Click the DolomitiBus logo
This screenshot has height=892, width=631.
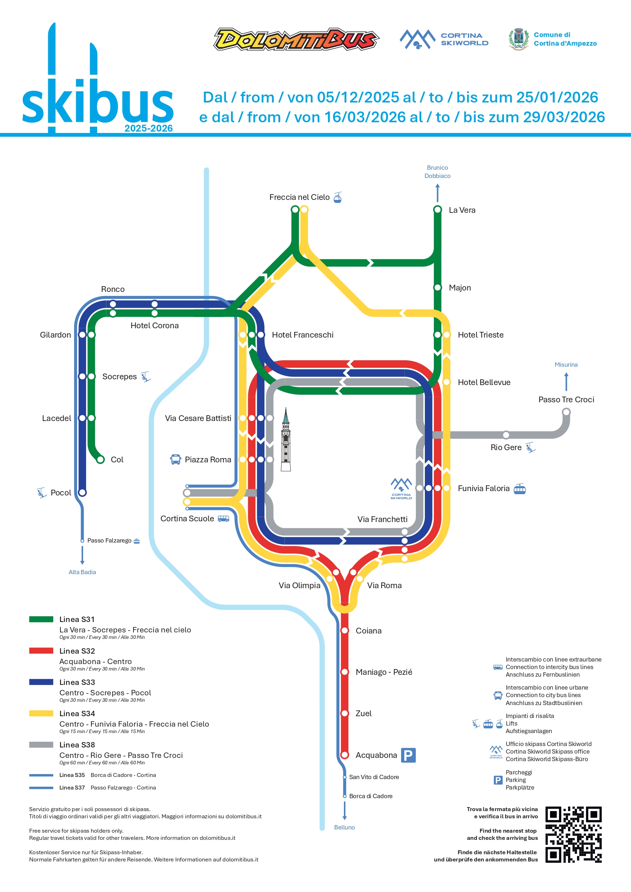(296, 39)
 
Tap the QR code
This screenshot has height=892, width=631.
(573, 834)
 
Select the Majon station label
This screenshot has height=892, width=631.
(459, 288)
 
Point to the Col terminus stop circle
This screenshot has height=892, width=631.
(100, 459)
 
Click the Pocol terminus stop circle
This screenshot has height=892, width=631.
(82, 493)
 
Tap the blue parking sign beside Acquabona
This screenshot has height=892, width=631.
(408, 755)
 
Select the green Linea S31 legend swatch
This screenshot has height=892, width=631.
(41, 619)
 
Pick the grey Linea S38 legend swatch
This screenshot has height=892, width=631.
(41, 745)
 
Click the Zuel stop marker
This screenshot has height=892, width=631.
(345, 713)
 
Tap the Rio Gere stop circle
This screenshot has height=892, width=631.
(506, 435)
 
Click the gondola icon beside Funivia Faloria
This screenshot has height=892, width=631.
(519, 489)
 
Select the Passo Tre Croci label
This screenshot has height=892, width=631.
(566, 399)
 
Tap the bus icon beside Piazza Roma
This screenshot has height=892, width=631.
(175, 459)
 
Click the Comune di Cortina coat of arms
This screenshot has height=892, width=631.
(519, 39)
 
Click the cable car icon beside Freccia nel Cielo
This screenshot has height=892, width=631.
(338, 197)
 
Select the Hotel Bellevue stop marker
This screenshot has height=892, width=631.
(447, 382)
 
